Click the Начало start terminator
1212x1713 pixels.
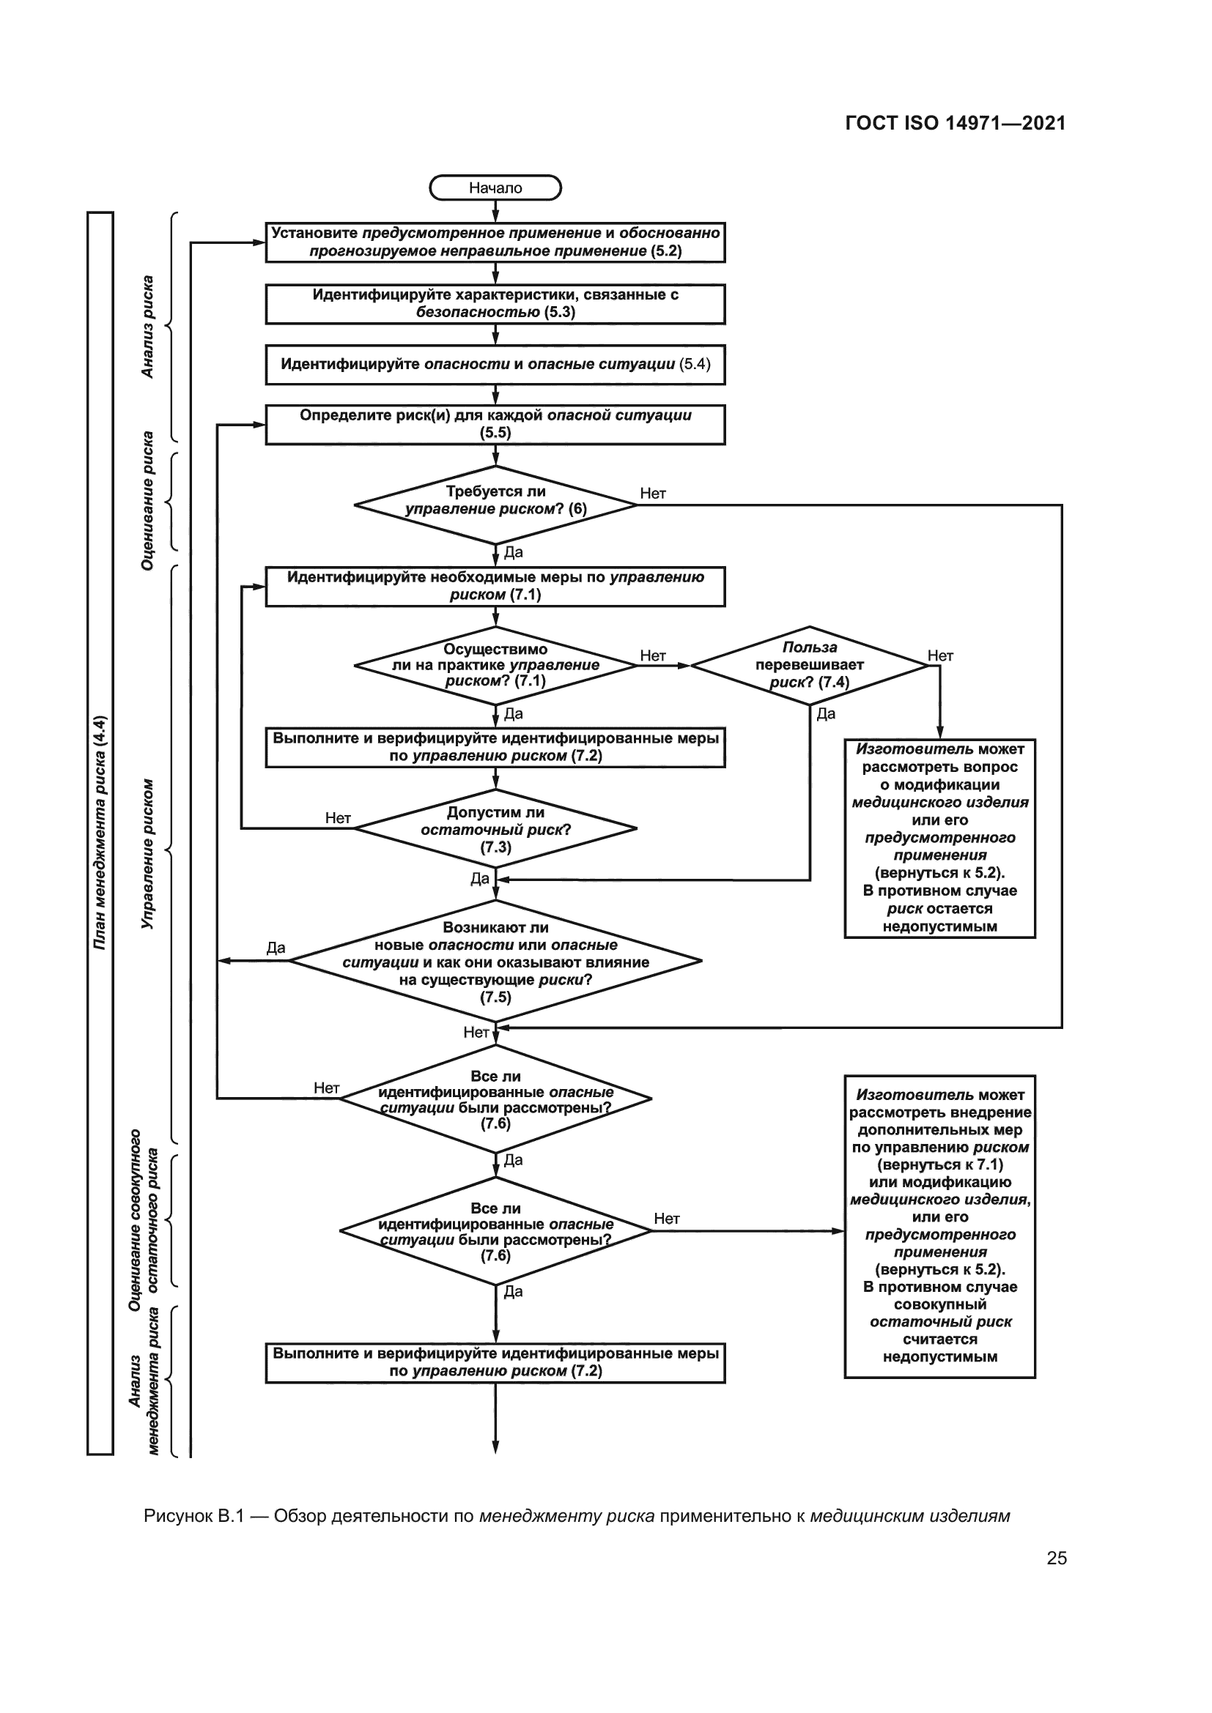[495, 188]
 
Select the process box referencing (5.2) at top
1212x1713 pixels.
[495, 242]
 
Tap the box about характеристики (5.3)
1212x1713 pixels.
[495, 304]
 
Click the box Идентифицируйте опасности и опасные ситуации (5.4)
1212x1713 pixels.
[495, 364]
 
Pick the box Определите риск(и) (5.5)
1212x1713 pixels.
[495, 424]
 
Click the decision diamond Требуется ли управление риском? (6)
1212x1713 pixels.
[495, 505]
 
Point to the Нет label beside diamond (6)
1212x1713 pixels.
[652, 493]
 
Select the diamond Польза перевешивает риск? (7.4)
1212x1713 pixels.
[809, 665]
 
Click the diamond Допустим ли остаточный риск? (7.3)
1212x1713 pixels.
[495, 829]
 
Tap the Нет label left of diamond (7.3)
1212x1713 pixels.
[337, 818]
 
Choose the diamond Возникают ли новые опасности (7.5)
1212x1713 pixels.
[495, 961]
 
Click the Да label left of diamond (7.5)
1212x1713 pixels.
[276, 948]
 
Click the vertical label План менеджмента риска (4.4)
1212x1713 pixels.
[100, 832]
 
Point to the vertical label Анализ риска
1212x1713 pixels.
[148, 327]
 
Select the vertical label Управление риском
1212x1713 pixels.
[148, 853]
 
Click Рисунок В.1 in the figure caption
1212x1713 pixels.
[194, 1515]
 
